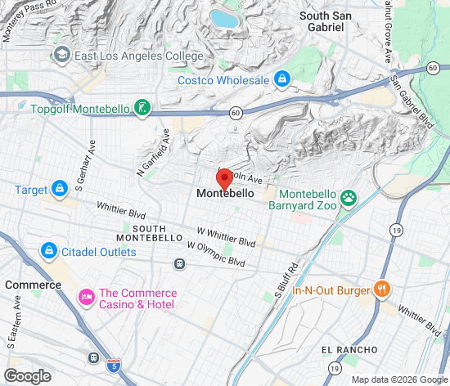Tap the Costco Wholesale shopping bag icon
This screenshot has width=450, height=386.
[x=282, y=79]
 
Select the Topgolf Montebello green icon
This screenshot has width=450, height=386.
[x=142, y=108]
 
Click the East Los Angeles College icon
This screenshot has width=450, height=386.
[x=61, y=56]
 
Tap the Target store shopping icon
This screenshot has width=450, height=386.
[x=60, y=190]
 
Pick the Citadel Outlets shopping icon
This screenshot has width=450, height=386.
[x=48, y=251]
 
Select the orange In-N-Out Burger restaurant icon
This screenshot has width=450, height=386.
[x=380, y=288]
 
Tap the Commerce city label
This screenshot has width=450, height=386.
[x=34, y=285]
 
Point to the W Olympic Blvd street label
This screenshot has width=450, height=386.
[x=216, y=254]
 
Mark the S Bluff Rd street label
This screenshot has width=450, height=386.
[x=284, y=278]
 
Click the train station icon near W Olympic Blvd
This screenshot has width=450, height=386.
[x=178, y=263]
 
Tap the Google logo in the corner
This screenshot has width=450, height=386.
[x=27, y=375]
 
